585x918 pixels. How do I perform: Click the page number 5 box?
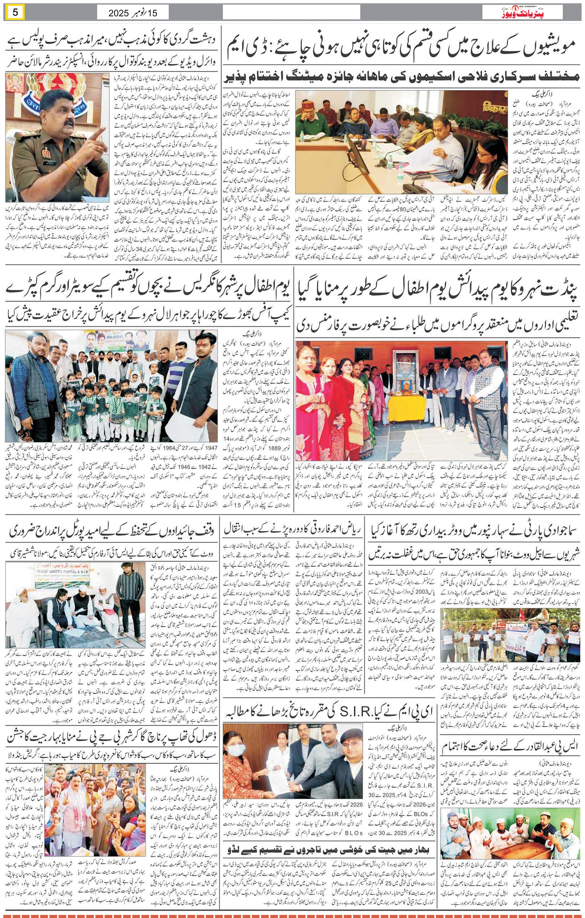pyautogui.click(x=15, y=12)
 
